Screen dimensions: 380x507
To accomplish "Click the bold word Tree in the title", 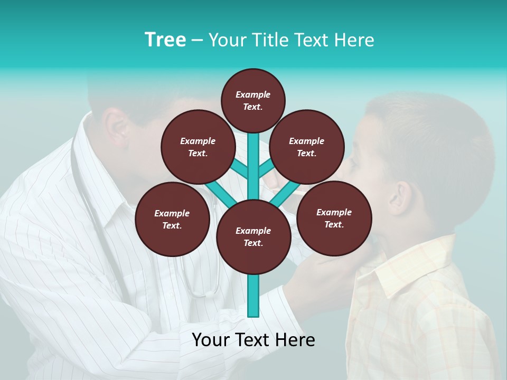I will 165,40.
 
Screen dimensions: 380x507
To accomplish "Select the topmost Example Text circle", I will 253,100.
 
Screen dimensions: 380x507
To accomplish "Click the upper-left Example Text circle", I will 198,147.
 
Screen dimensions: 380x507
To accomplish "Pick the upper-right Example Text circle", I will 307,147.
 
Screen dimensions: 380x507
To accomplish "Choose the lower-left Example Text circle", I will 172,219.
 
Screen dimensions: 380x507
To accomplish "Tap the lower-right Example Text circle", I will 334,218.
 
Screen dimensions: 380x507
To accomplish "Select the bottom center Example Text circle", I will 253,237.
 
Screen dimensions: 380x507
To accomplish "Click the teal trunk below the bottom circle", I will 253,296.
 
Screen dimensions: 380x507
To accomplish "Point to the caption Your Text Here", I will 253,340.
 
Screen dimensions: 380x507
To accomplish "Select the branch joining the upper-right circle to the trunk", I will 266,169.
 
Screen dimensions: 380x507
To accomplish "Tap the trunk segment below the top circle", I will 253,158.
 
